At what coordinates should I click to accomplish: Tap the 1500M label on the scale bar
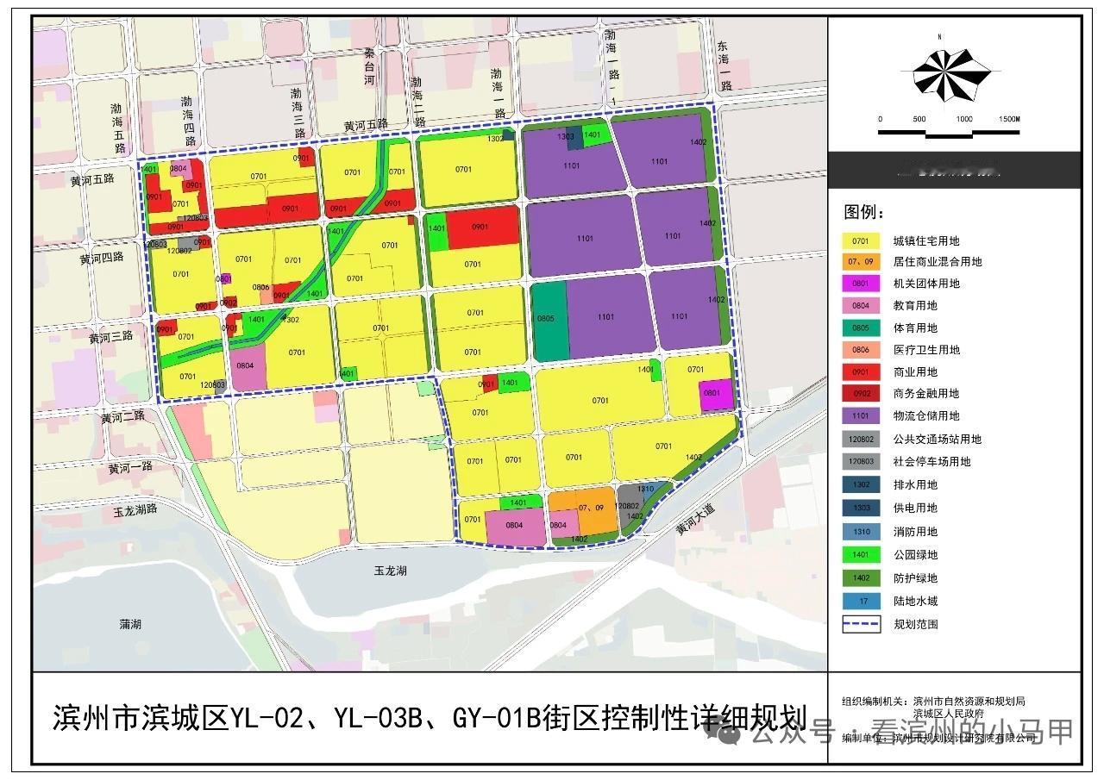1008,119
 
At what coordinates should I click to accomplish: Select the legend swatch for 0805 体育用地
861,328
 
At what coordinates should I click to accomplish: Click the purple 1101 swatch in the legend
861,415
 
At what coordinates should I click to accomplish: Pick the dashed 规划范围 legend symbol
861,624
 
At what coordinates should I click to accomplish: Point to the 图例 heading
863,212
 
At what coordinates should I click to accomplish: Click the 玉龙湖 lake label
390,571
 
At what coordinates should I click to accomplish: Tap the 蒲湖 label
130,623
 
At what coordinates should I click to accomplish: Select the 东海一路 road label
724,66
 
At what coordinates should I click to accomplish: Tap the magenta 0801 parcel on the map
714,394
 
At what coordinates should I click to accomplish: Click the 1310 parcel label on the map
645,489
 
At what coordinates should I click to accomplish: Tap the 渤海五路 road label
118,128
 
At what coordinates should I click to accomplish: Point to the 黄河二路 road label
124,417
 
